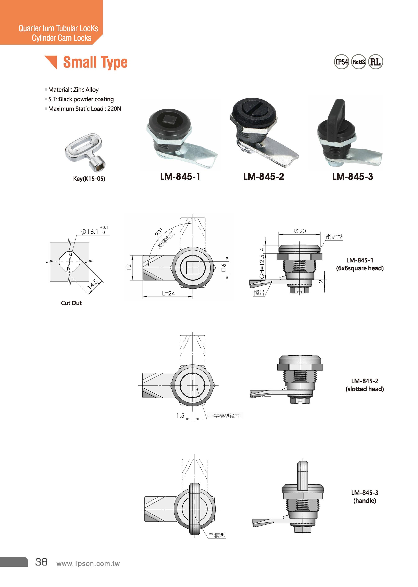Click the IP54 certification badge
(x=341, y=62)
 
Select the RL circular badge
(x=375, y=62)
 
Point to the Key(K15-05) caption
(x=89, y=179)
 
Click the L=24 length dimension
(x=168, y=293)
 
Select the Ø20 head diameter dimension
(x=300, y=231)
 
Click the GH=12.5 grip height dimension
(x=262, y=266)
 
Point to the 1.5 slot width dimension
(x=180, y=415)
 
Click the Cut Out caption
(x=71, y=303)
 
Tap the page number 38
(x=41, y=562)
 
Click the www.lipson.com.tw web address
(x=88, y=564)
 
